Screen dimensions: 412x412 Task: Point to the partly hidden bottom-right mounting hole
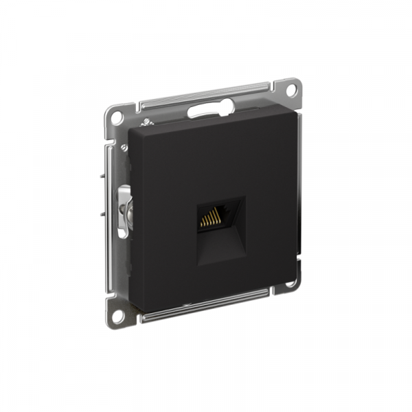[291, 282]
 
